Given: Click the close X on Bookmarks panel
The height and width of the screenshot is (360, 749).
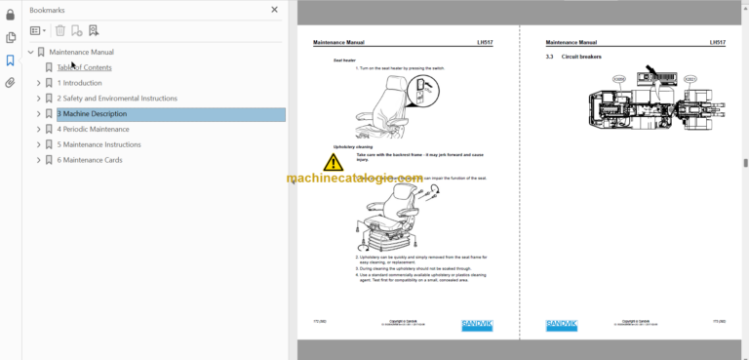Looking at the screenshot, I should (x=274, y=10).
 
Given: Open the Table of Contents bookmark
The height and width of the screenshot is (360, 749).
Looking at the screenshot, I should (x=84, y=67).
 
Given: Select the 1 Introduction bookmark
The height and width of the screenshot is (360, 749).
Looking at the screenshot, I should (x=79, y=83).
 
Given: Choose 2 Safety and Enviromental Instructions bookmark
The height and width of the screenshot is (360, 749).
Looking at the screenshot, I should (x=117, y=99).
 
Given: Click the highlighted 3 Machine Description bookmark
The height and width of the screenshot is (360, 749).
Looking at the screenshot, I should (x=92, y=114).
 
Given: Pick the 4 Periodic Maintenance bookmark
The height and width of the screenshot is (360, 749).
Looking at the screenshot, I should (x=93, y=129).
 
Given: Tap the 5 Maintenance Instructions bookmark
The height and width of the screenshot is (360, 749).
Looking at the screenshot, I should (x=99, y=144).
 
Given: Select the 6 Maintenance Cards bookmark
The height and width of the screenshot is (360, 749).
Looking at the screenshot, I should (x=90, y=160).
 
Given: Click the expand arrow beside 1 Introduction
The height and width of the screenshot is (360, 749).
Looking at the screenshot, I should (x=39, y=83).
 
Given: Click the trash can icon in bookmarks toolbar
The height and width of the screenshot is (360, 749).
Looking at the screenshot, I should (x=60, y=31).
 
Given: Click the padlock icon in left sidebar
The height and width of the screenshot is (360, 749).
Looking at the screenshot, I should (x=10, y=15).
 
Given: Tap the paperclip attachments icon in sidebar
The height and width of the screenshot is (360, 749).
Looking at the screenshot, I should (x=10, y=83).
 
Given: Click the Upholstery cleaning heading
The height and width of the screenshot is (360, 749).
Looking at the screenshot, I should (x=353, y=146).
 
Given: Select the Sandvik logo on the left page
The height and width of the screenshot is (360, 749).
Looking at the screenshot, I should (x=478, y=325).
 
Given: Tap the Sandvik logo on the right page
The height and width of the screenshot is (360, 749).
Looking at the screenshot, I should (x=561, y=325).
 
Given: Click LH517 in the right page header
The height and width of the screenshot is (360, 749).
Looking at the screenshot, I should (x=717, y=43).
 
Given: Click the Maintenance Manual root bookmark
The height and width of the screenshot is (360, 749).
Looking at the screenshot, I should (x=81, y=52).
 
